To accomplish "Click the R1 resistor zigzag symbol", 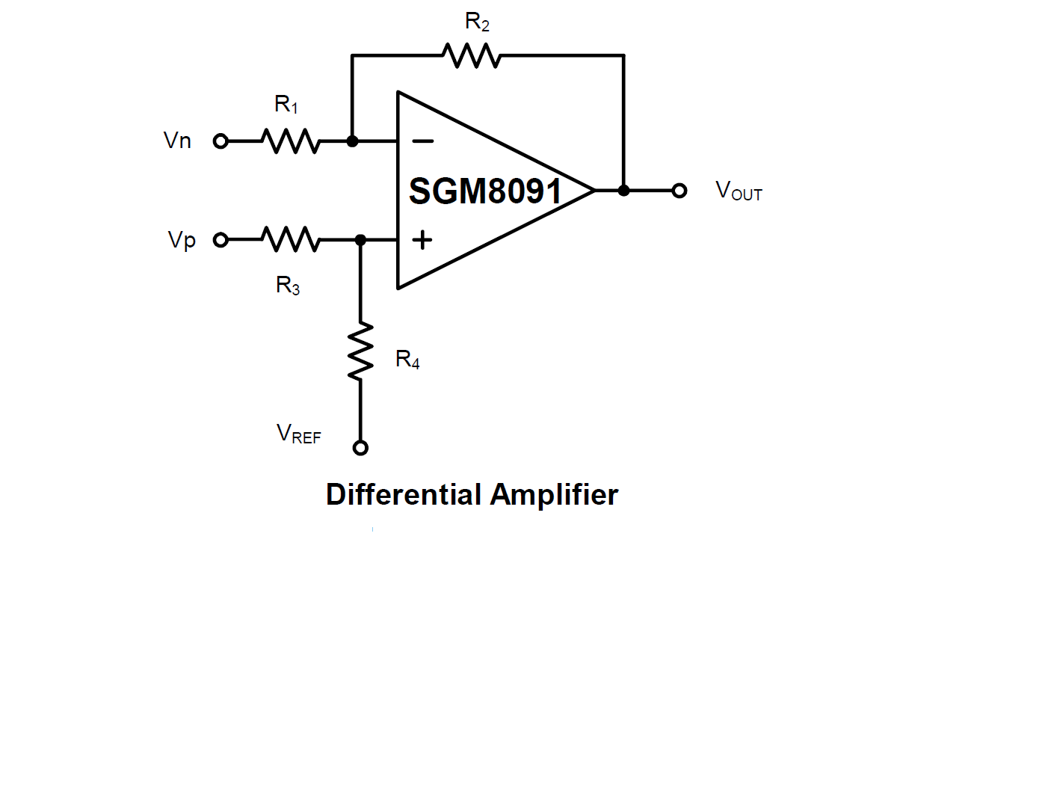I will (291, 141).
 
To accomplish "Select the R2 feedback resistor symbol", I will (472, 55).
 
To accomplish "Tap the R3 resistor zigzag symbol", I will (291, 240).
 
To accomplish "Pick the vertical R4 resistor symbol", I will (360, 351).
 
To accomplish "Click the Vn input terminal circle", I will (221, 141).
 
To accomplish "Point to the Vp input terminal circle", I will (221, 240).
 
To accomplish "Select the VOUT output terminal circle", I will (679, 191).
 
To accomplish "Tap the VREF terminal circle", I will (360, 448).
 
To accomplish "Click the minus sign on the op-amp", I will (422, 141).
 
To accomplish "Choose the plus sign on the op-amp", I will (422, 240).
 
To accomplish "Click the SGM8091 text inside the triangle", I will (485, 191).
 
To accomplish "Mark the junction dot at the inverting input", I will (352, 141).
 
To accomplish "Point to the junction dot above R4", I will (360, 240).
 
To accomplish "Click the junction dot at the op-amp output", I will (623, 191).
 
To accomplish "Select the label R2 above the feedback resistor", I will (477, 22).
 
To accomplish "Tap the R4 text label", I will (407, 360).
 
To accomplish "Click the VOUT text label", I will (739, 191).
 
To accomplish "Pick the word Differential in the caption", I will (403, 495).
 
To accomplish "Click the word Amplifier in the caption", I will (554, 495).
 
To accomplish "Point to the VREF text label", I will (298, 434).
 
